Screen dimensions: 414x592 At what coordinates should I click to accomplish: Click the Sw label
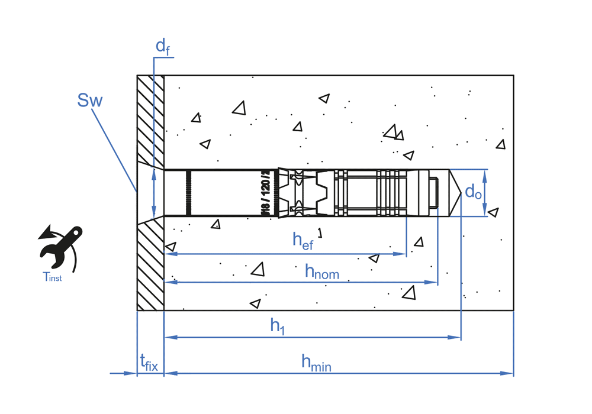click(x=89, y=100)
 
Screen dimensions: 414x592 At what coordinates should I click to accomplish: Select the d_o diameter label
click(x=472, y=192)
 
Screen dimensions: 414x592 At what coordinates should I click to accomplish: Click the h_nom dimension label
click(x=321, y=271)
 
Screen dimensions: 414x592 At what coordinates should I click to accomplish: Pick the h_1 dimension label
click(x=278, y=325)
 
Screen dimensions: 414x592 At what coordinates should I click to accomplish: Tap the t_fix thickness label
click(x=149, y=362)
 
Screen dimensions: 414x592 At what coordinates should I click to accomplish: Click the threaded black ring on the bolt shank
click(x=189, y=193)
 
